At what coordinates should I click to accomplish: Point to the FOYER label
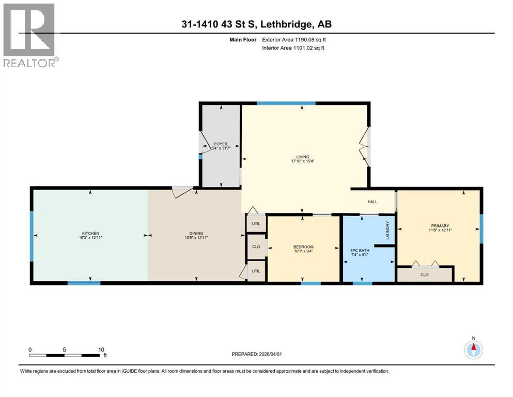tap(221, 144)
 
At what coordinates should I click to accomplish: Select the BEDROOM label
tap(303, 247)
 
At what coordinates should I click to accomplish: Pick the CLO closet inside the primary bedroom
tap(425, 274)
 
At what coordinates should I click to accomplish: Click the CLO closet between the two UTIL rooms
tap(256, 247)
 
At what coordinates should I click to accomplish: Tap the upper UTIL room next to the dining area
tap(256, 224)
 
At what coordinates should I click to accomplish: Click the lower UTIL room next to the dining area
tap(256, 271)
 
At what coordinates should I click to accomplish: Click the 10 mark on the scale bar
tap(101, 349)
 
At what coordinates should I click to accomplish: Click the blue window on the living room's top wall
tap(286, 103)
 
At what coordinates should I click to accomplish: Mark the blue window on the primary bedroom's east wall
tap(481, 228)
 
